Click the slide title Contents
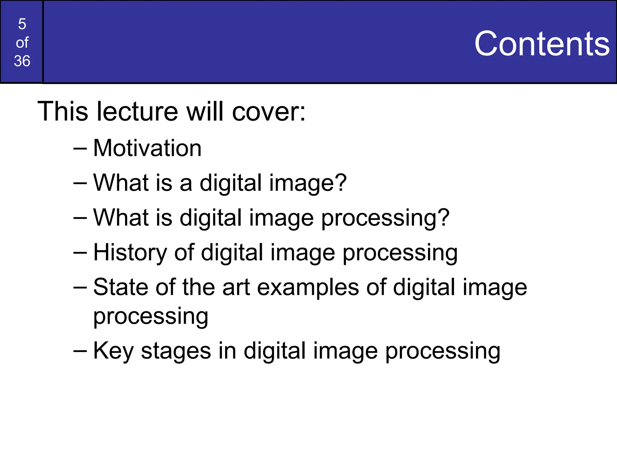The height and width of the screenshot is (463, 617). tap(542, 44)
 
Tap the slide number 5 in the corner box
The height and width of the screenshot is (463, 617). tap(22, 24)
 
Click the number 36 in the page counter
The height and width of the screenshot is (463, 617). tap(22, 61)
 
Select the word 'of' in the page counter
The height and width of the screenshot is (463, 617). tap(22, 43)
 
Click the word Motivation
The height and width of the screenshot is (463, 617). tap(147, 148)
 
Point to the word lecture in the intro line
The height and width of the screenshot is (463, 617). tap(137, 112)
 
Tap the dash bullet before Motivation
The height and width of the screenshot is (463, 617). tap(80, 148)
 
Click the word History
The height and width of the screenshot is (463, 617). tap(130, 253)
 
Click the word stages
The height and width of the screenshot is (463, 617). tap(176, 351)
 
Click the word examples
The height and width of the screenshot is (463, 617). tap(308, 288)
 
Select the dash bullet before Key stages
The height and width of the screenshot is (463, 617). tap(80, 351)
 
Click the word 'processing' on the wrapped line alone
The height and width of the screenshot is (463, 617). tap(151, 317)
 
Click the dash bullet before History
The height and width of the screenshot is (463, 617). tap(80, 253)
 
